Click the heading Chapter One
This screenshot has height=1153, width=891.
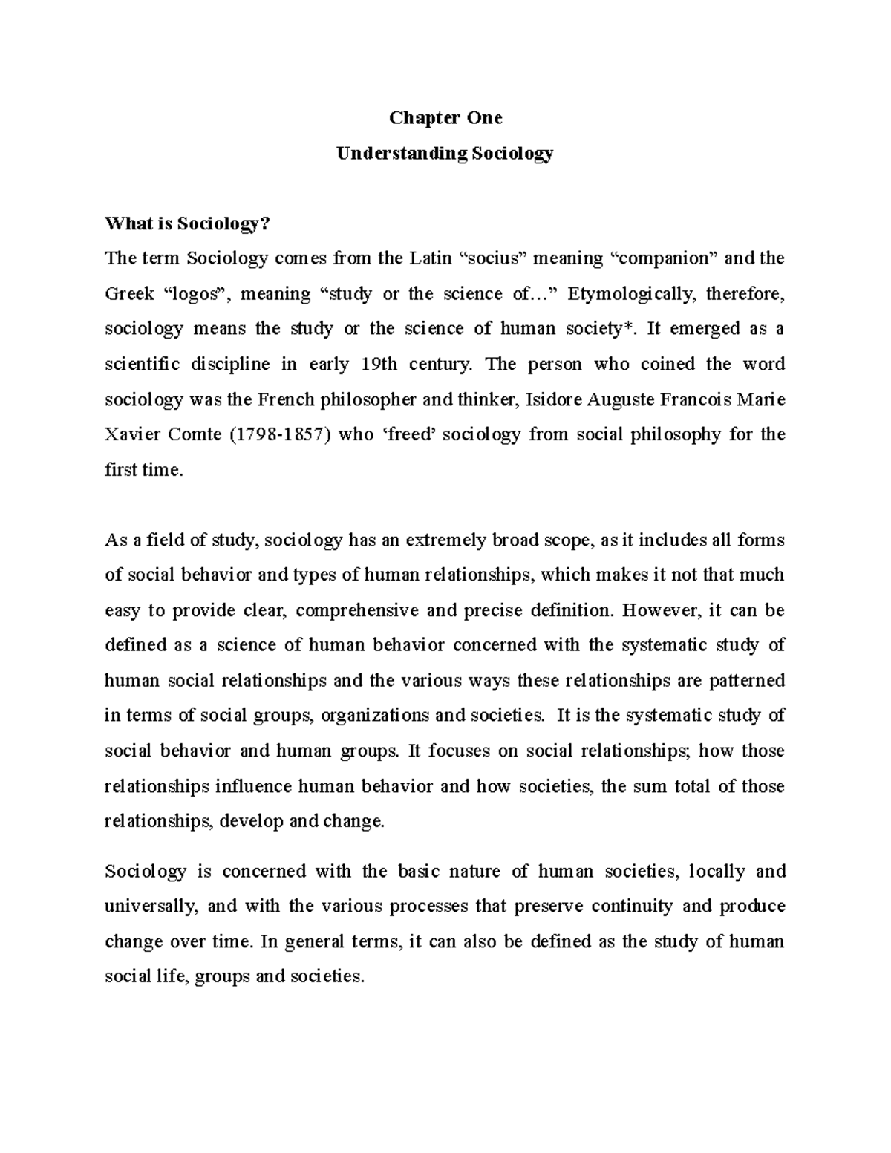point(446,118)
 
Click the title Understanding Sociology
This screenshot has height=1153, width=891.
point(445,154)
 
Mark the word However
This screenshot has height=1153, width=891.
point(662,611)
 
